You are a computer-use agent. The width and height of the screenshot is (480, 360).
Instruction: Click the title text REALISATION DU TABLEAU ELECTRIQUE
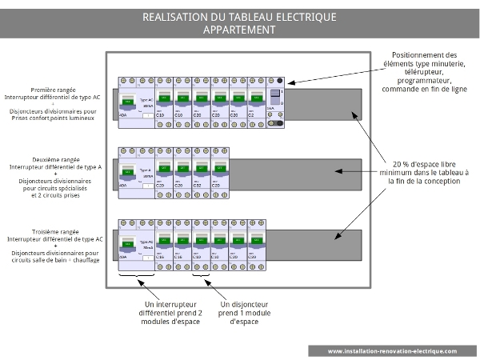coord(239,17)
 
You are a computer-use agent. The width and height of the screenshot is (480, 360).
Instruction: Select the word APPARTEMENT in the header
coord(239,30)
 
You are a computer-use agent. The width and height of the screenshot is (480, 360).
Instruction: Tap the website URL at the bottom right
coord(392,350)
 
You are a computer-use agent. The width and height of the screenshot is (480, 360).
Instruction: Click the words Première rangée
coord(55,90)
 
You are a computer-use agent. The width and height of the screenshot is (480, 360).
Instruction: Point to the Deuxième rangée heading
coord(55,158)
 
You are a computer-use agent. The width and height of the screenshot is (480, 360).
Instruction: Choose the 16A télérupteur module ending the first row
coord(275,101)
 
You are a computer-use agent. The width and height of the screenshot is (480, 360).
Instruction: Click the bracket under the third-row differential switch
coord(135,277)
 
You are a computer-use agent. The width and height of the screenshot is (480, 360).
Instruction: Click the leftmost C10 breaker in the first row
coord(163,101)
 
